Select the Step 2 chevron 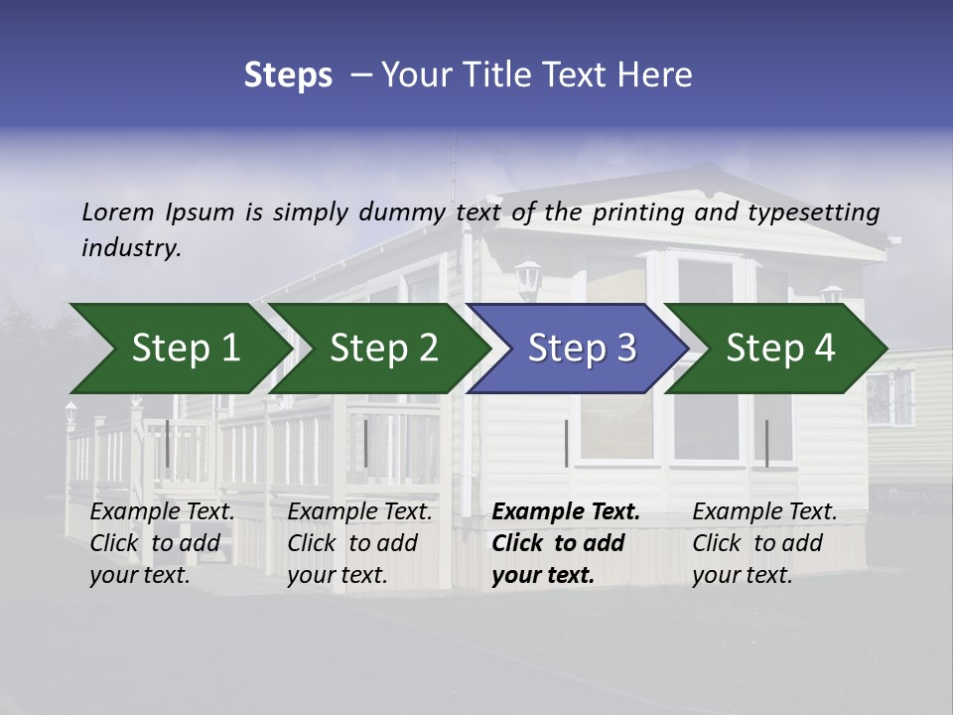click(381, 349)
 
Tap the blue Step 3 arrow click(580, 349)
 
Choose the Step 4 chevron click(778, 349)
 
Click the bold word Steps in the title click(288, 74)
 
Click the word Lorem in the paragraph click(118, 212)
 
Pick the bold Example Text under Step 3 click(566, 512)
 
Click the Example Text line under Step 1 click(163, 512)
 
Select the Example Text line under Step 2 click(360, 512)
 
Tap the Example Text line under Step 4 click(765, 512)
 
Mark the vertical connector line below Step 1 click(168, 443)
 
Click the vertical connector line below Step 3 click(567, 443)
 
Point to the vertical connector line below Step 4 click(767, 443)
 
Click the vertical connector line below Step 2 click(366, 443)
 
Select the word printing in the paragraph click(636, 212)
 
